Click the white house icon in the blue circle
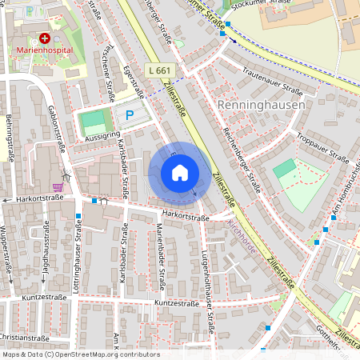click(x=180, y=173)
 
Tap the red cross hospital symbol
click(x=45, y=38)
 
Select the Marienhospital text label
click(x=45, y=50)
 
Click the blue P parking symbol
click(x=129, y=115)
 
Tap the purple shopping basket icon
click(x=57, y=186)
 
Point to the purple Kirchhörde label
click(x=242, y=238)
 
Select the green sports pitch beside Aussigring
click(x=94, y=122)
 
